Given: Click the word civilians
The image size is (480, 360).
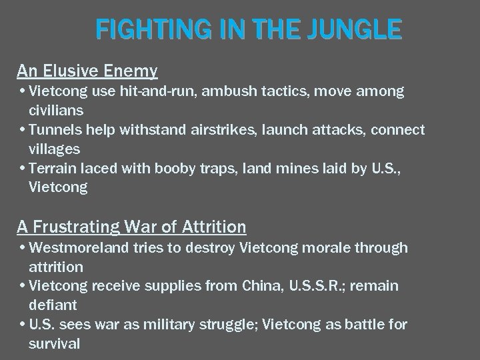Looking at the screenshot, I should point(56,109).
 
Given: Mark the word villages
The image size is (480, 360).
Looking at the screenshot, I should point(55,148).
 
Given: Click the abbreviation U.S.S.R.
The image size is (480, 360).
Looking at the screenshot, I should point(317,287).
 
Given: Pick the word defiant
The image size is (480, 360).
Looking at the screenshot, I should point(53,305).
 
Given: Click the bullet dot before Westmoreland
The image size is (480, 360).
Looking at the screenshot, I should point(23,249).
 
